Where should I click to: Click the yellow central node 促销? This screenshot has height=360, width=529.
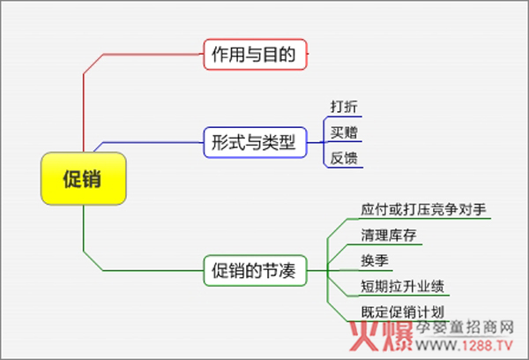pos(84,178)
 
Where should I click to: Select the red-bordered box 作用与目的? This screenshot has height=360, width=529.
pos(255,55)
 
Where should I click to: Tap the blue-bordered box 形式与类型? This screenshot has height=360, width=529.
pos(255,142)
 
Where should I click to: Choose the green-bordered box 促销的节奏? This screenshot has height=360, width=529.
pos(255,271)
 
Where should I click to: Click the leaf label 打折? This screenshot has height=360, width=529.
pos(344,107)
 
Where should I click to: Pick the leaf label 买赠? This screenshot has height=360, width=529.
pos(344,132)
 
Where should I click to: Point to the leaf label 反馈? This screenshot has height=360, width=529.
pos(344,158)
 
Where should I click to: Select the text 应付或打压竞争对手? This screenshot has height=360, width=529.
pos(423,209)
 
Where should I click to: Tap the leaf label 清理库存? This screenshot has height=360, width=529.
pos(389,235)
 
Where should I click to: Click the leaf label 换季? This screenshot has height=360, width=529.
pos(375,260)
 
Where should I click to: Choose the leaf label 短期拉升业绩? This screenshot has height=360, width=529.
pos(403,287)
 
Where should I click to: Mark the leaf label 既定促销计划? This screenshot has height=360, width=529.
pos(403,312)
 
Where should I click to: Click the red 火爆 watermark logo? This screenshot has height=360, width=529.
pos(381,336)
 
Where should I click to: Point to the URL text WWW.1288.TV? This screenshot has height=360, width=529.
pos(465,346)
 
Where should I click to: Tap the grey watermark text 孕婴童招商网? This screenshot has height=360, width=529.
pos(465,327)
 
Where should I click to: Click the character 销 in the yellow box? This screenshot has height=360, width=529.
pos(92,178)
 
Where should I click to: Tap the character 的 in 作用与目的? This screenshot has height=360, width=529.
pos(287,55)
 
